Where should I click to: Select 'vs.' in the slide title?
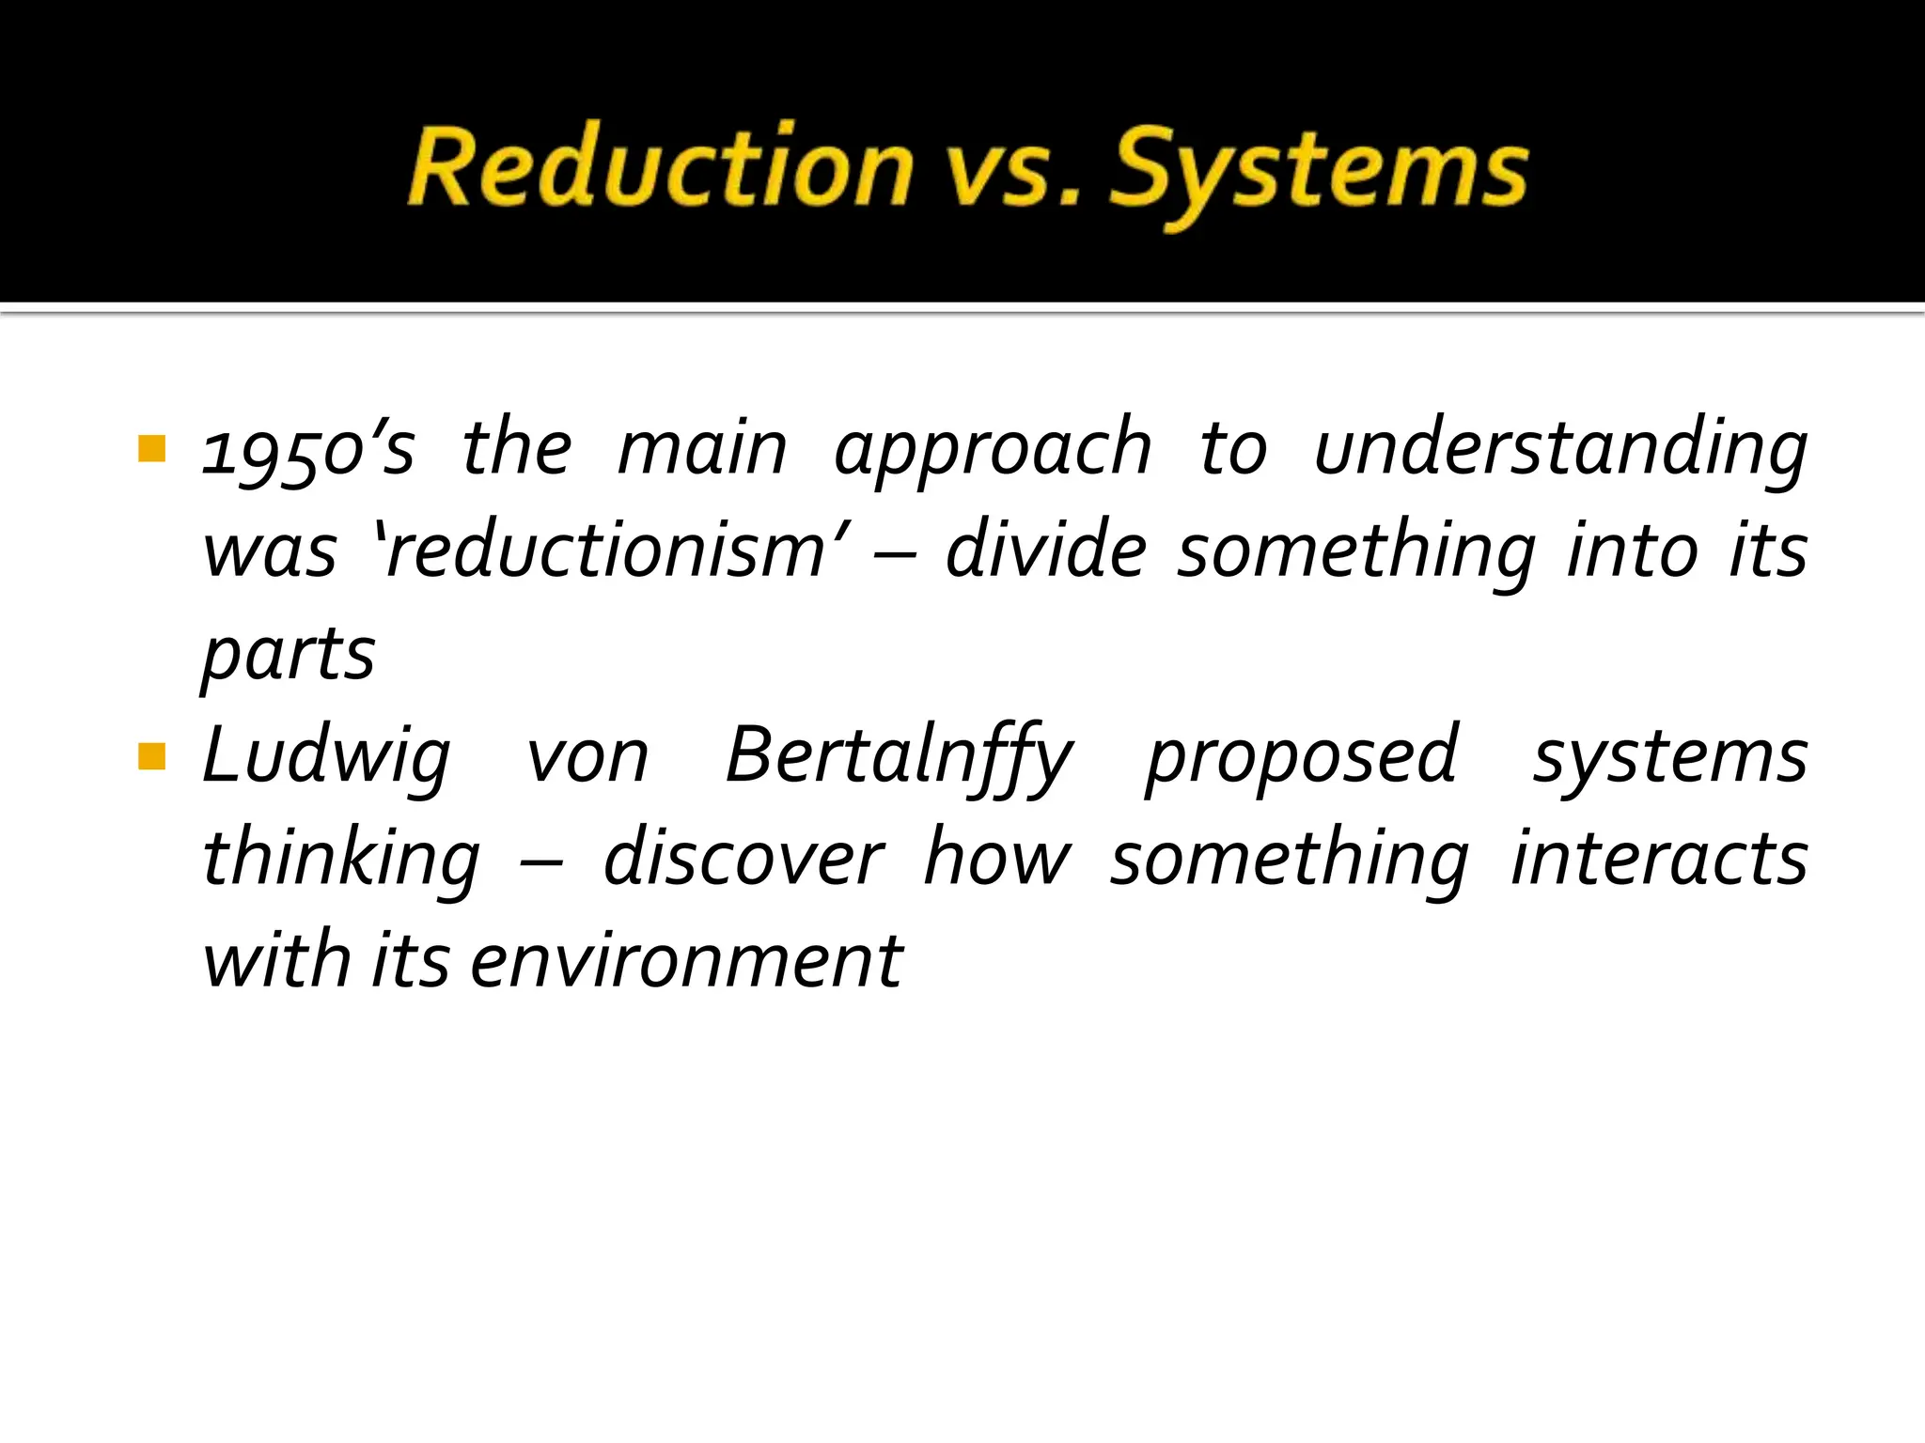(1010, 171)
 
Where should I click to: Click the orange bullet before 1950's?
(151, 448)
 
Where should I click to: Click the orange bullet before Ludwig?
(151, 755)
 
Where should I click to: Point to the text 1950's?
(308, 449)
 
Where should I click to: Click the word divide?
(1045, 551)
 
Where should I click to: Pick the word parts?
(289, 655)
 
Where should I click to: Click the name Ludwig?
(326, 757)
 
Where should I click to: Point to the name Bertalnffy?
(899, 757)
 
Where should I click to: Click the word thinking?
(341, 860)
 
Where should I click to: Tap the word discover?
(743, 860)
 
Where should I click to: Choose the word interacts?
(1659, 860)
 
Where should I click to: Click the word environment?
(686, 962)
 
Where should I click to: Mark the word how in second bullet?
(996, 860)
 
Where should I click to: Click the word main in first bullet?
(702, 449)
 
